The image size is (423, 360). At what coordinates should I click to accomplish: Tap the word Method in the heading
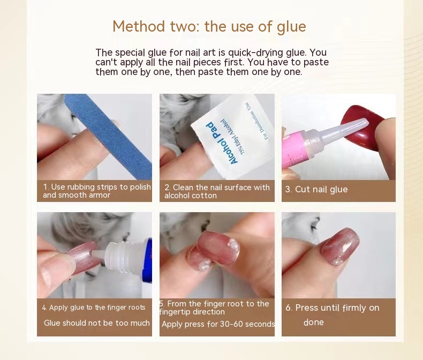coord(139,26)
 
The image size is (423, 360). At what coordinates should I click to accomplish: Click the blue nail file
coord(108,136)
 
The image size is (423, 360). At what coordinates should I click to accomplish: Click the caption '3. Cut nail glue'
coord(316,190)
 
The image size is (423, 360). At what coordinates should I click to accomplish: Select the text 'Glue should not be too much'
coord(96,323)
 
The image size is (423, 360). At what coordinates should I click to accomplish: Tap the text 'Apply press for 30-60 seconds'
coord(218,324)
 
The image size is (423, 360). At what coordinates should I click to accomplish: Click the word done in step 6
coord(313,322)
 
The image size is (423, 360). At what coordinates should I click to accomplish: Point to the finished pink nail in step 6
coord(340,246)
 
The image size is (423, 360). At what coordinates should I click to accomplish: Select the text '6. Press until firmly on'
coord(333,308)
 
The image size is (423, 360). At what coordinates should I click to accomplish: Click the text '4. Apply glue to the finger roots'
coord(94,307)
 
